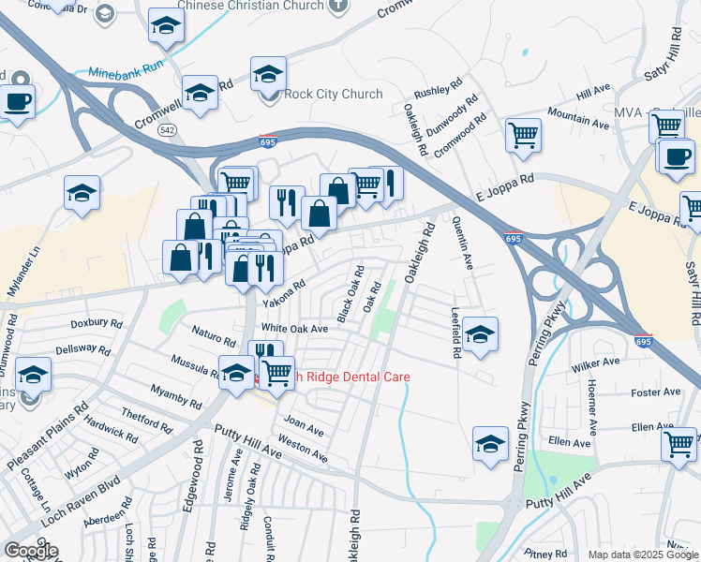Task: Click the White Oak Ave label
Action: point(294,329)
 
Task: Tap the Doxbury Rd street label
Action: point(97,323)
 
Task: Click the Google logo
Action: point(30,550)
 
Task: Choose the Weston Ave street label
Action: point(303,448)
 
